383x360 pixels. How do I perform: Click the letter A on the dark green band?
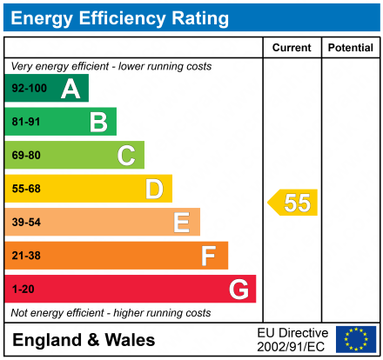point(71,89)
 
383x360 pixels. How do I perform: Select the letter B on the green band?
point(98,122)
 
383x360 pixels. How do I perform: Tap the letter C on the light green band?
point(126,156)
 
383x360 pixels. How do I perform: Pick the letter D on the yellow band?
point(154,189)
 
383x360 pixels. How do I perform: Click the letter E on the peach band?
point(181,223)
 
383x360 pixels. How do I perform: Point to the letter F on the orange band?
point(209,256)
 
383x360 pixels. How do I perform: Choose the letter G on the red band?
point(238,289)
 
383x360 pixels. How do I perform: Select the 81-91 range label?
point(26,122)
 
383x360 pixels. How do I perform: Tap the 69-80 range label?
point(26,156)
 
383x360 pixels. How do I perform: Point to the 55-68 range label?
point(26,189)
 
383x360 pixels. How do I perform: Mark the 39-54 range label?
point(26,223)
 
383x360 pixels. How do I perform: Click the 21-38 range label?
point(26,256)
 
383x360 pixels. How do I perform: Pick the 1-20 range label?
point(23,289)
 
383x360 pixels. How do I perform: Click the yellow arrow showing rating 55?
point(293,203)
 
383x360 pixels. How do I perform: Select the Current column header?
point(292,47)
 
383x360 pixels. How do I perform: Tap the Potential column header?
point(350,47)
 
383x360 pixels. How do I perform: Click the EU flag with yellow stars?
point(356,339)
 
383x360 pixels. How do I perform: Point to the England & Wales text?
point(84,340)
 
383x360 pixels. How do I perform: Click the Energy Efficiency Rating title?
point(121,17)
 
